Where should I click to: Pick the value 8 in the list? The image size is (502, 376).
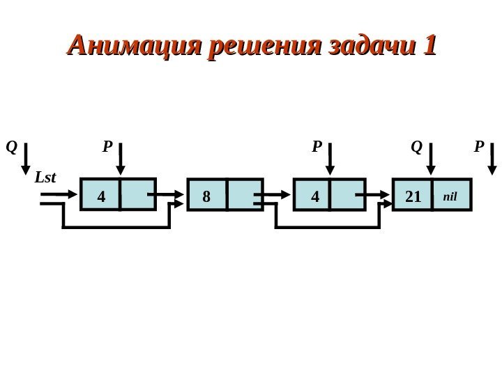[x=206, y=197]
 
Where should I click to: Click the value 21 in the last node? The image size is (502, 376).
[x=413, y=197]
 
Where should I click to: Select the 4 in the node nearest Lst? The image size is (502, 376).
[x=101, y=197]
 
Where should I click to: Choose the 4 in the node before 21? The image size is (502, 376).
[x=314, y=197]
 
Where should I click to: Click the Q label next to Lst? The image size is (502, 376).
[x=10, y=147]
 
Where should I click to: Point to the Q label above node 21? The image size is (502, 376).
[x=416, y=147]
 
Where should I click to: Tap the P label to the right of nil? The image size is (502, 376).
[x=478, y=147]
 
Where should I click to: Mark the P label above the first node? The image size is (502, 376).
[x=107, y=147]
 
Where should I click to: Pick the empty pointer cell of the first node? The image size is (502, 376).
[x=137, y=195]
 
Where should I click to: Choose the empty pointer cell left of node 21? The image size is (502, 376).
[x=347, y=195]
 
